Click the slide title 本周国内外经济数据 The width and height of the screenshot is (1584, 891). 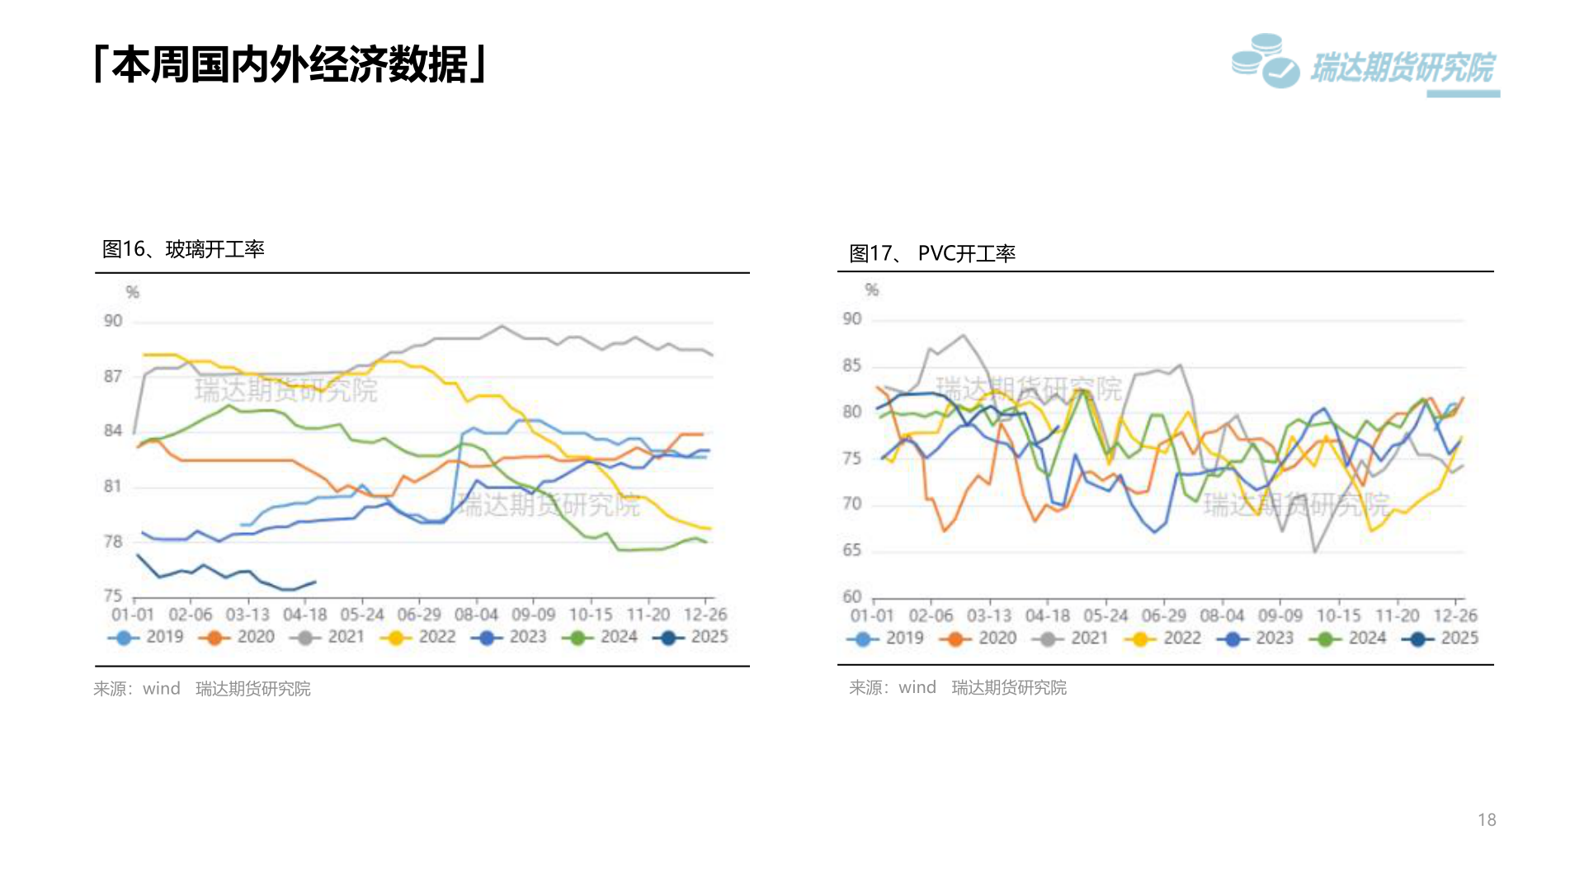point(290,64)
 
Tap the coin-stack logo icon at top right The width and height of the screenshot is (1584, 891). point(1264,61)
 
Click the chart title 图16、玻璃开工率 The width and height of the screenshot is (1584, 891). point(183,249)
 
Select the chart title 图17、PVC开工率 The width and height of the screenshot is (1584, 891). point(932,253)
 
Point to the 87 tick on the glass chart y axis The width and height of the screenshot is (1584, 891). point(113,376)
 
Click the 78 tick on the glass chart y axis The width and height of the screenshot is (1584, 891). point(113,541)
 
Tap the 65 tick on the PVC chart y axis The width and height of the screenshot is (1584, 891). point(851,549)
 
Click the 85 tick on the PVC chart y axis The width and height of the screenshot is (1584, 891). point(851,365)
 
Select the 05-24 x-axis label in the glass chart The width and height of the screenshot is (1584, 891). point(362,615)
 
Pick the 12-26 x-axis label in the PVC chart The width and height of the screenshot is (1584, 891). point(1455,615)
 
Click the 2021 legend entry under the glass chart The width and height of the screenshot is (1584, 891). point(328,637)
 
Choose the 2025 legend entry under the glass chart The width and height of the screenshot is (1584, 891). point(691,637)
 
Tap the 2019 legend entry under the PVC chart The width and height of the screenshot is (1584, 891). point(886,638)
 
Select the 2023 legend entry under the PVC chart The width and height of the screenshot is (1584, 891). point(1256,638)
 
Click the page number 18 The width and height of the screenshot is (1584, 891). point(1487,819)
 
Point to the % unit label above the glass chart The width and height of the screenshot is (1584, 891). point(132,292)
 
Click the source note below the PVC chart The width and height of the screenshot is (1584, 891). point(958,687)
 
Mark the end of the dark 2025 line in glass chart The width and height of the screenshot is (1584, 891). point(315,582)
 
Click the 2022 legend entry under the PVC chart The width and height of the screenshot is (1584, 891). point(1163,638)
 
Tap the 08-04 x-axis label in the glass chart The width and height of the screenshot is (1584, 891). point(476,615)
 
